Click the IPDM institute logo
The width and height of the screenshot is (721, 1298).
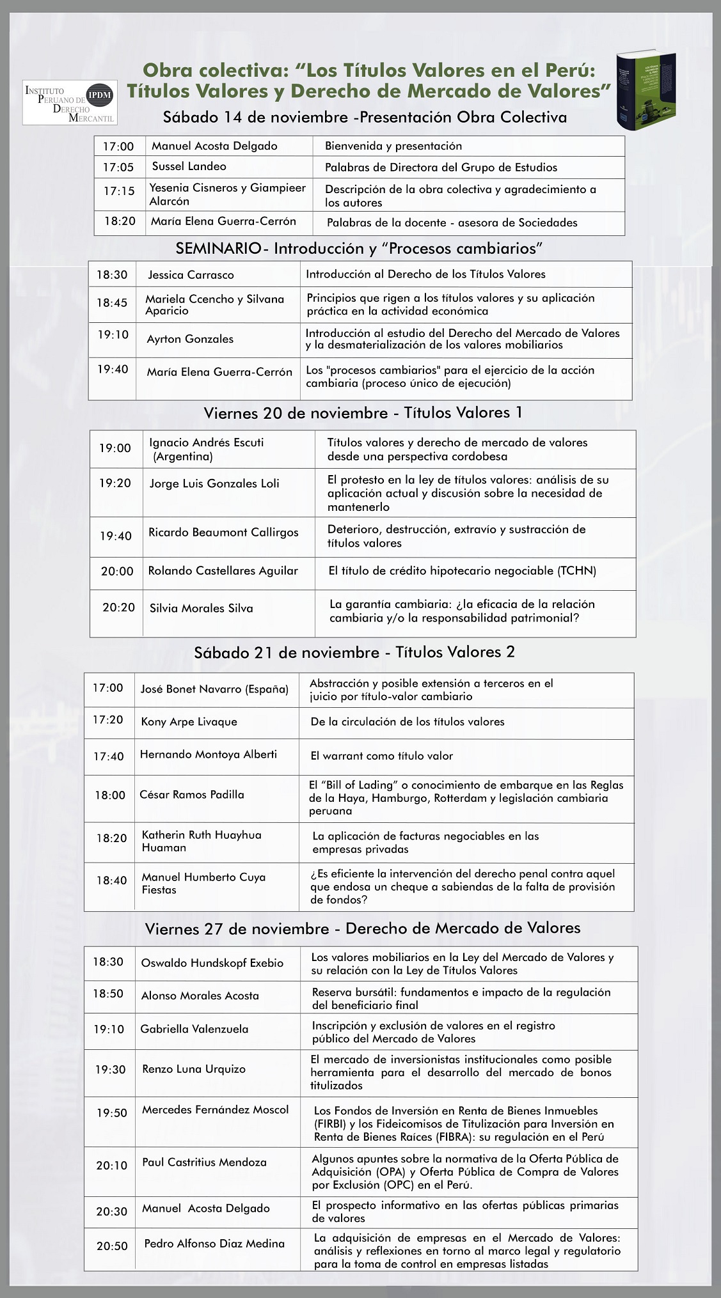[69, 102]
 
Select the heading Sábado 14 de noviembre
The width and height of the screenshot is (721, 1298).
[365, 117]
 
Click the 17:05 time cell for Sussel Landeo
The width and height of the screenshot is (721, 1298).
[118, 168]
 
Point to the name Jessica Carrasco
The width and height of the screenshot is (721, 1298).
[191, 275]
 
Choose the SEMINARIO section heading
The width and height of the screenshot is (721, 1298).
[359, 248]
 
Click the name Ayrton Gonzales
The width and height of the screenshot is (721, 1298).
[190, 339]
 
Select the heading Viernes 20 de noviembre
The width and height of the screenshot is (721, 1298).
[363, 413]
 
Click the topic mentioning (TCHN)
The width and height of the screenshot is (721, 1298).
[462, 571]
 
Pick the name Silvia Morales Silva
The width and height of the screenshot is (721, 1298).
[201, 609]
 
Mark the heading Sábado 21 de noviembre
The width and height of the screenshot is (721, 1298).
[354, 652]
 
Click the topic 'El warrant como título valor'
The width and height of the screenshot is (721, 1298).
[381, 756]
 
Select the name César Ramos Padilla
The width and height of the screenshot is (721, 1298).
[192, 795]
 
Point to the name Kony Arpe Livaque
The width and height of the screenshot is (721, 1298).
[189, 722]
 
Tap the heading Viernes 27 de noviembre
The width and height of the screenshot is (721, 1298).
[362, 928]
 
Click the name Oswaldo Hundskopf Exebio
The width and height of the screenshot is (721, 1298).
[212, 963]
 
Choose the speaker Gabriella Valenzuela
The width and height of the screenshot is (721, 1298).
[194, 1029]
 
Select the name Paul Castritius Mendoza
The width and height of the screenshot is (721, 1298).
[204, 1162]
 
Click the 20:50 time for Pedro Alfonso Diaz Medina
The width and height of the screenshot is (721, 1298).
[112, 1246]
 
